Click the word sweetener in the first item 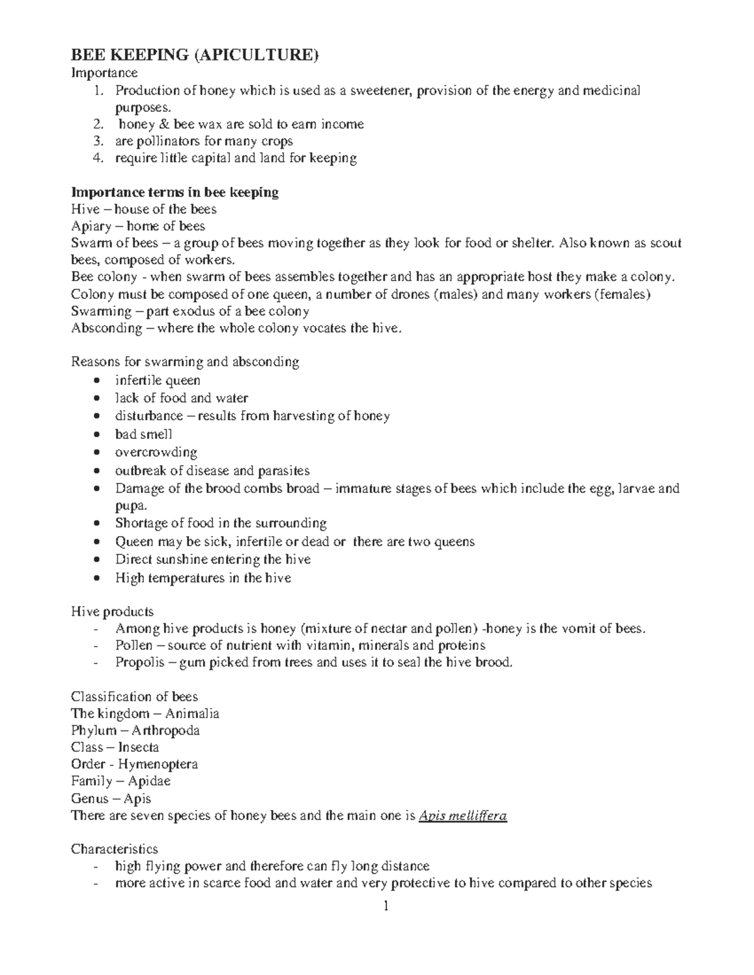click(375, 90)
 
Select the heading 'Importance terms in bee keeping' click(175, 192)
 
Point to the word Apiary click(91, 226)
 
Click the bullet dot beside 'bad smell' click(96, 434)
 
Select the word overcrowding click(156, 452)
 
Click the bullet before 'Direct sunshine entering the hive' click(96, 559)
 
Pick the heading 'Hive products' click(112, 611)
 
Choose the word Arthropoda click(166, 731)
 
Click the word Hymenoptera click(158, 765)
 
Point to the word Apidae click(149, 782)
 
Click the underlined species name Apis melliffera click(462, 816)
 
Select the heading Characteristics click(114, 849)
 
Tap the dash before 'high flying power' click(96, 867)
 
